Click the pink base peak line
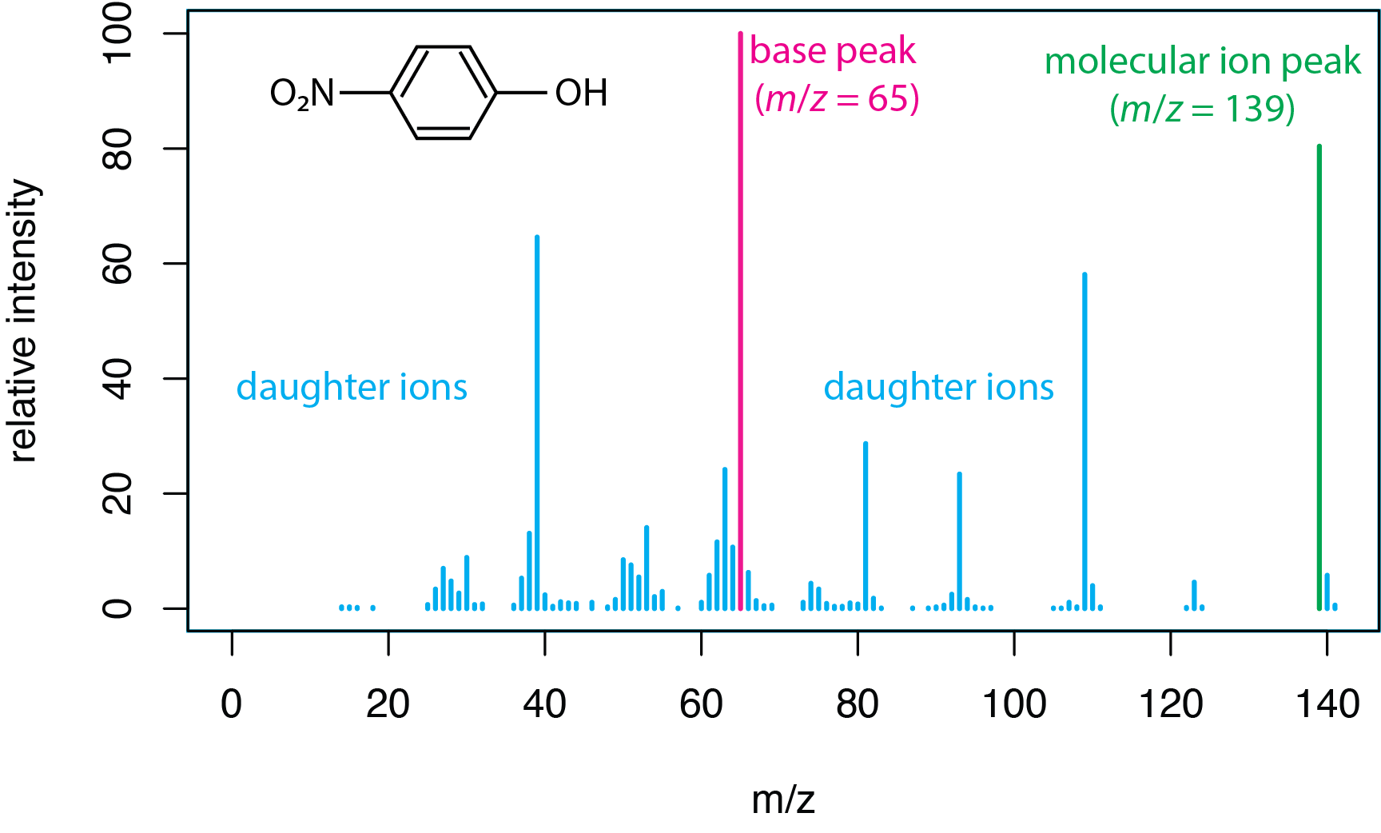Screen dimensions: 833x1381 coord(740,320)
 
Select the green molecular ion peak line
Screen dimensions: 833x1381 coord(1319,376)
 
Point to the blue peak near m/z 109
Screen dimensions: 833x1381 coord(1085,440)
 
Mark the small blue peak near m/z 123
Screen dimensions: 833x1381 coord(1194,595)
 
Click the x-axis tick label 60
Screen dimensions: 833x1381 coord(701,704)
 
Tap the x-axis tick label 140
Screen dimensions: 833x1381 coord(1327,704)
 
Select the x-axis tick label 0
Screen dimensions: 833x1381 coord(232,704)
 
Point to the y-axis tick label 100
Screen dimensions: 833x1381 coord(117,33)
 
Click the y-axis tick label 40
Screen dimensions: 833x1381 coord(117,378)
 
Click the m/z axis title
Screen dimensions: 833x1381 coord(783,799)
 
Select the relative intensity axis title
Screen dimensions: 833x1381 coord(24,320)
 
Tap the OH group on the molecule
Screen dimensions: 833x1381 coord(581,93)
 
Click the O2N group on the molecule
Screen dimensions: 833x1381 coord(302,94)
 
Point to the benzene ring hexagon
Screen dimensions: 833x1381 coord(444,93)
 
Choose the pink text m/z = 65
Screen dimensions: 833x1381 coord(837,99)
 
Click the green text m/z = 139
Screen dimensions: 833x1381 coord(1202,109)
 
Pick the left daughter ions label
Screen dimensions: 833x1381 coord(352,387)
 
